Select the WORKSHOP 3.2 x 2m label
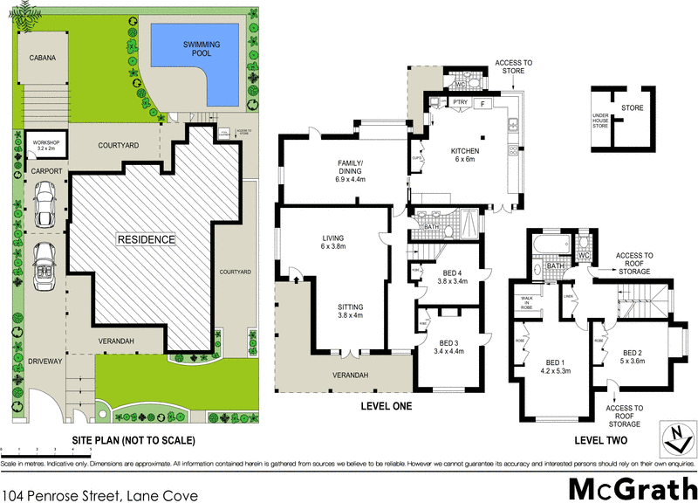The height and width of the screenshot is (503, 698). point(44,145)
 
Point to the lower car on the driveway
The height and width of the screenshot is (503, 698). point(44,266)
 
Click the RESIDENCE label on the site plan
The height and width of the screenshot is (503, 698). point(147,238)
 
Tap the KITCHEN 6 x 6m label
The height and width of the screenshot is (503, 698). point(465,155)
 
